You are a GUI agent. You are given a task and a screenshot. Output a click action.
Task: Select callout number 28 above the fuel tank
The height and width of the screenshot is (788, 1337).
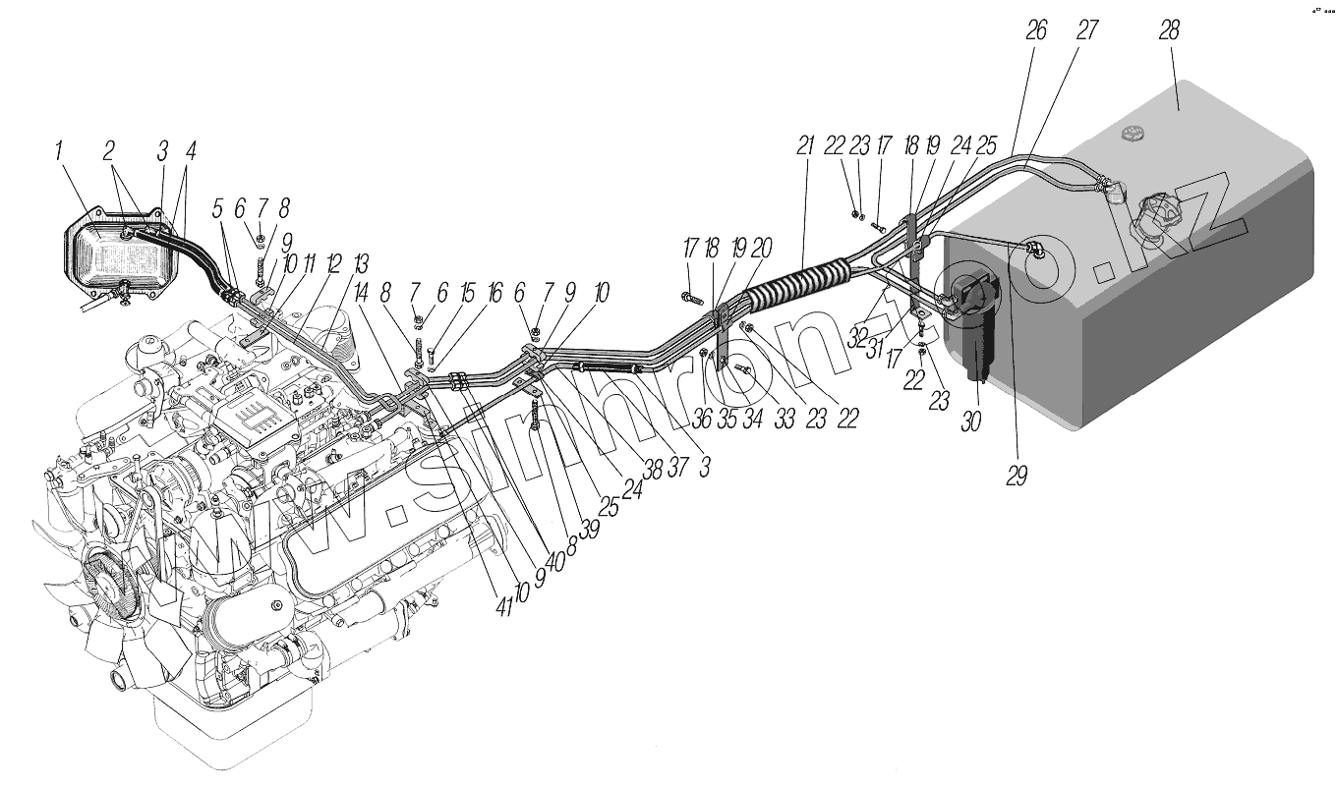point(1168,30)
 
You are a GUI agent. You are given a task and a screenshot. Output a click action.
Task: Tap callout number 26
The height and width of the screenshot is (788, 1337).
point(1036,30)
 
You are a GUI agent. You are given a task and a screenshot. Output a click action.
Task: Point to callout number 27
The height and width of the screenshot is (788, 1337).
point(1086,30)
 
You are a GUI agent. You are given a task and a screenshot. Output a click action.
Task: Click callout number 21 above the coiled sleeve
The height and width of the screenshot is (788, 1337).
point(806,146)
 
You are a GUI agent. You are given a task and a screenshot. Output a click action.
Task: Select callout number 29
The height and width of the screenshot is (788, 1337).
point(1016,477)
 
